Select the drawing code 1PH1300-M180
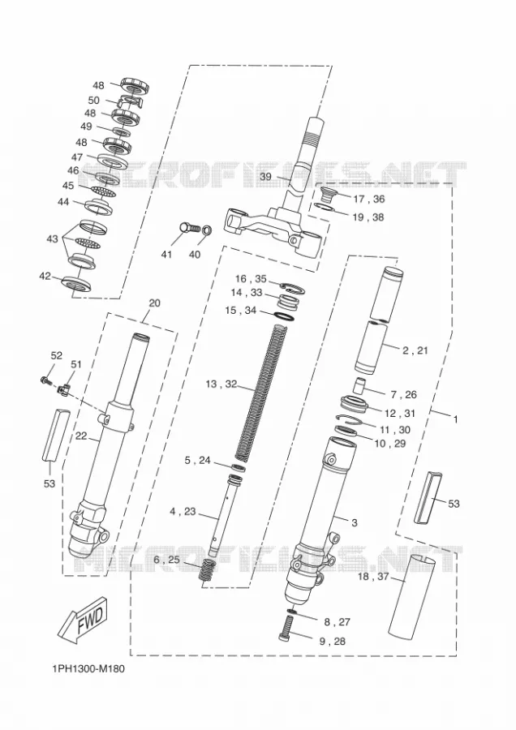(88, 669)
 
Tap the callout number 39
(265, 177)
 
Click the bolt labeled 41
(189, 229)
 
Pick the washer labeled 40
(207, 230)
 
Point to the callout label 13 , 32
(221, 384)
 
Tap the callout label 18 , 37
(373, 578)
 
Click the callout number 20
(155, 303)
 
